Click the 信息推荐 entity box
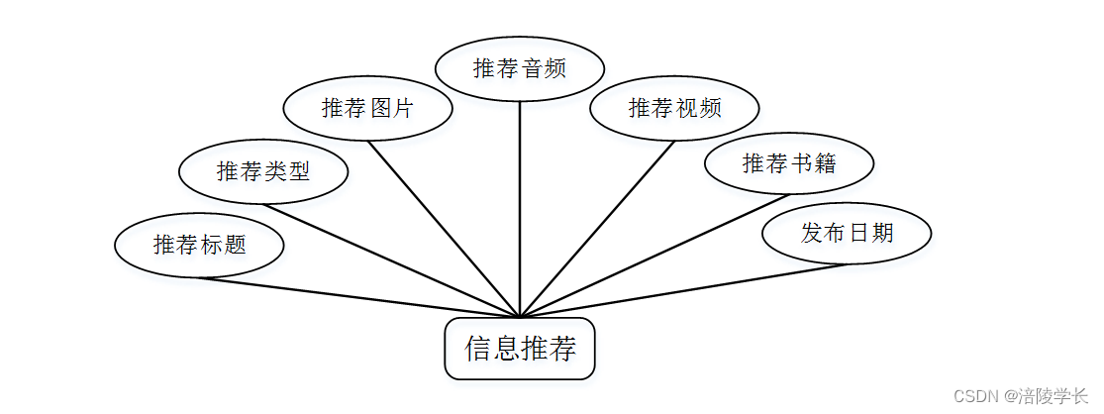coord(520,349)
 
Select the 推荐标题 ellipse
coord(199,245)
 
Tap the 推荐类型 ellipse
coord(263,171)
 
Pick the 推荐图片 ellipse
coord(367,108)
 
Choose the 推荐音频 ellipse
coord(520,68)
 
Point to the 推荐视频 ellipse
coord(674,108)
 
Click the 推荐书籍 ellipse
coord(789,163)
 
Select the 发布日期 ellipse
coord(848,233)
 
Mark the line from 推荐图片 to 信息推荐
coord(444,228)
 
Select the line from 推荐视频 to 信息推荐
coord(597,228)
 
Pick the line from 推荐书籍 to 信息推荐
coord(653,256)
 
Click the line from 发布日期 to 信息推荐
coord(683,291)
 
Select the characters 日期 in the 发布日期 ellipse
coord(871,233)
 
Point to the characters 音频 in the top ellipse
coord(545,68)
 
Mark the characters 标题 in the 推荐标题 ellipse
coord(224,245)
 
